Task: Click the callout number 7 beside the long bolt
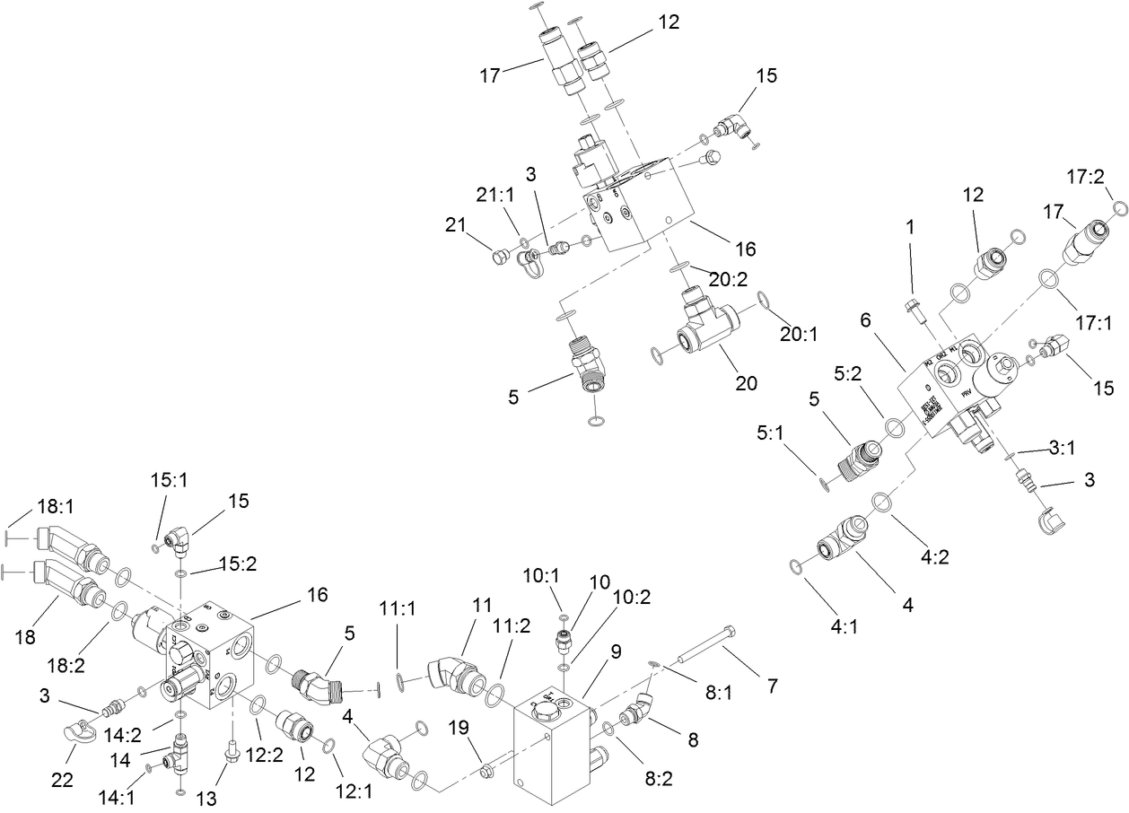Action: coord(771,687)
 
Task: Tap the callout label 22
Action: coord(62,780)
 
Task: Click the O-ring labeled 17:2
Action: coord(1119,209)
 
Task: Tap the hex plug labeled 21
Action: coord(496,258)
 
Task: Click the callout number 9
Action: coord(617,655)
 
